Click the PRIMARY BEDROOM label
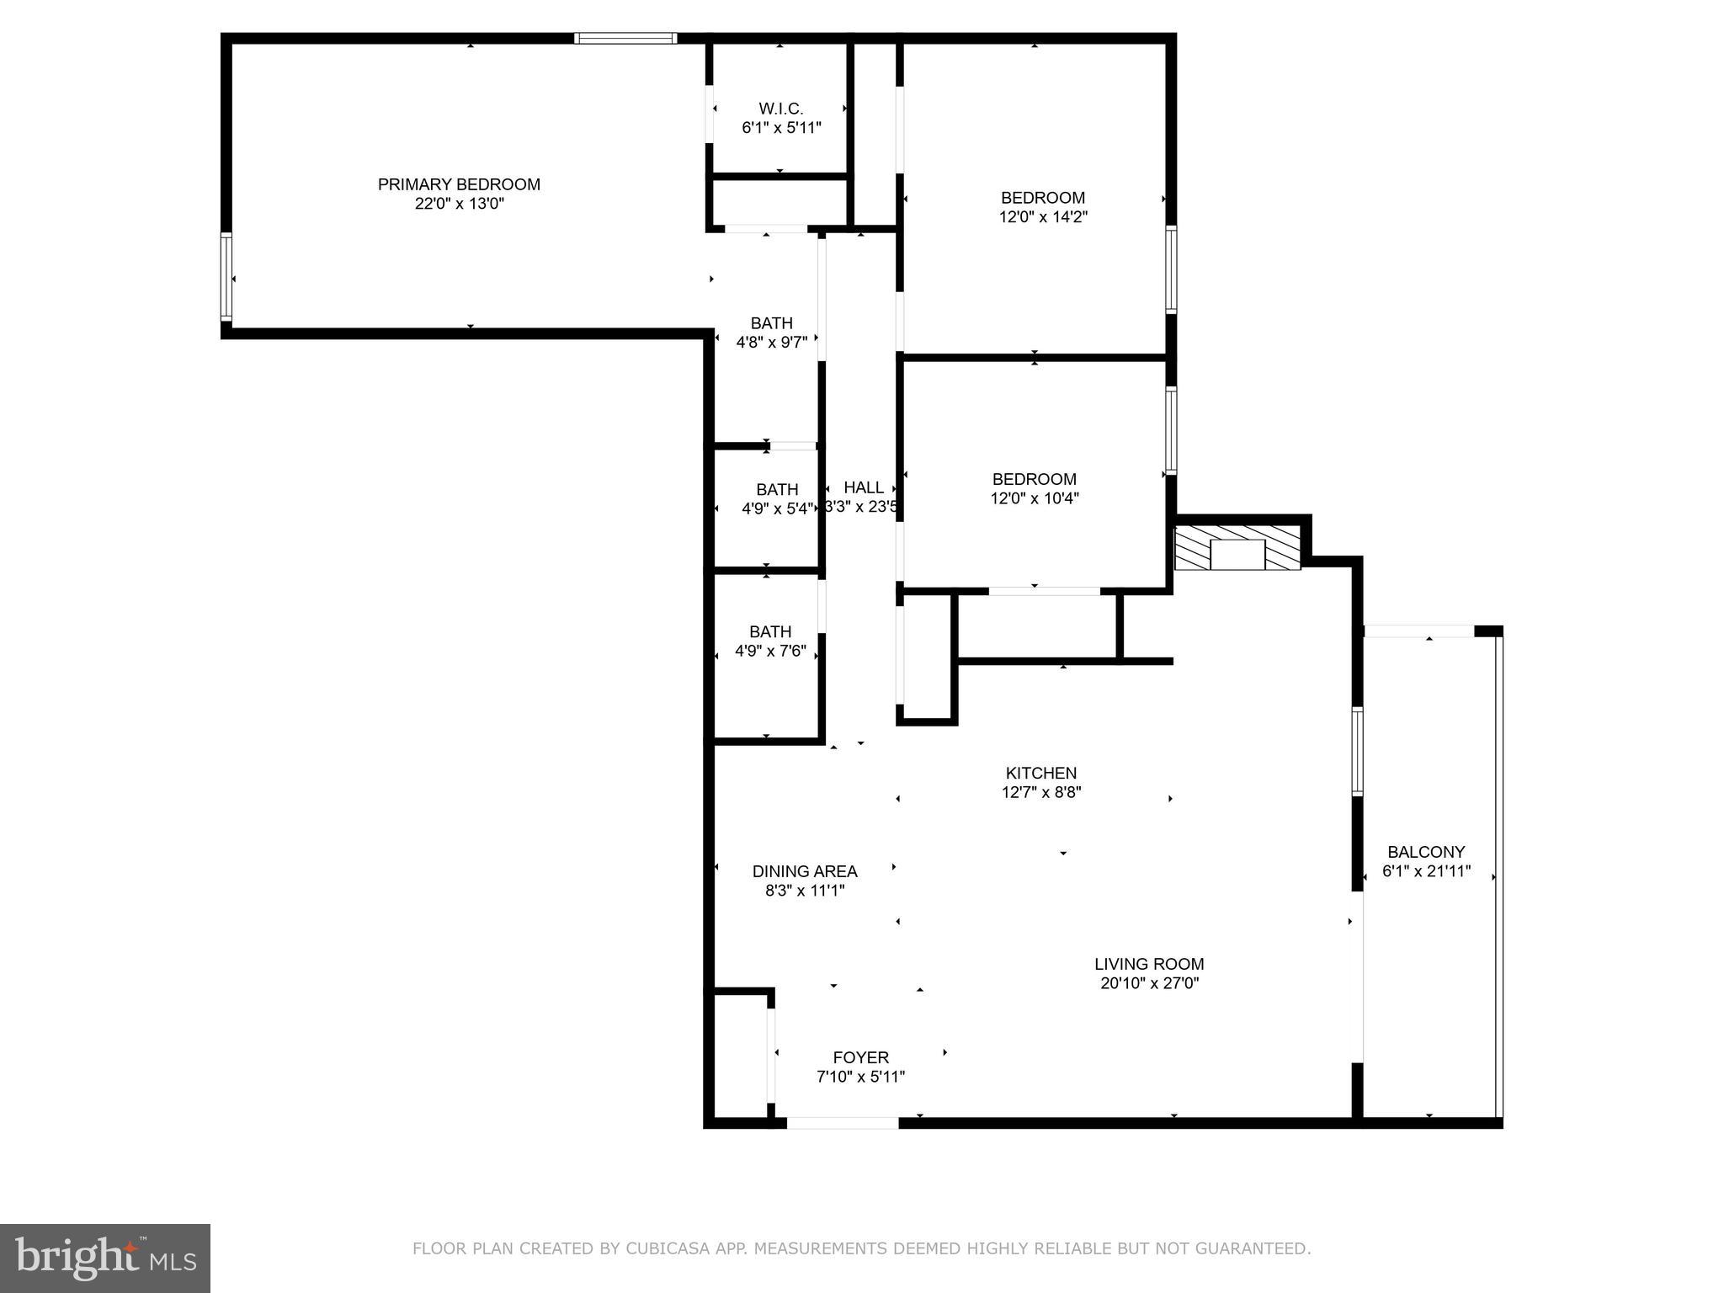tap(459, 184)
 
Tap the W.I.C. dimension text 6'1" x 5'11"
tap(781, 128)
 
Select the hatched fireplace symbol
tap(1237, 548)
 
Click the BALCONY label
tap(1426, 852)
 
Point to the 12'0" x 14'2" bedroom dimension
tap(1042, 217)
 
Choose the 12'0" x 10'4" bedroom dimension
tap(1034, 498)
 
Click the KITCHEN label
tap(1040, 773)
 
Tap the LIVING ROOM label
tap(1149, 964)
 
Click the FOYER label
tap(860, 1057)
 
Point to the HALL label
tap(864, 487)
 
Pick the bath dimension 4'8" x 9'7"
tap(771, 343)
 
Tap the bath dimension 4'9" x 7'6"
tap(770, 651)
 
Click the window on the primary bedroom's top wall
tap(625, 38)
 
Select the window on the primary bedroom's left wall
tap(226, 277)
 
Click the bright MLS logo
tap(105, 1258)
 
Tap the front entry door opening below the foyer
tap(842, 1123)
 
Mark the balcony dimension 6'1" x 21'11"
tap(1426, 871)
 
